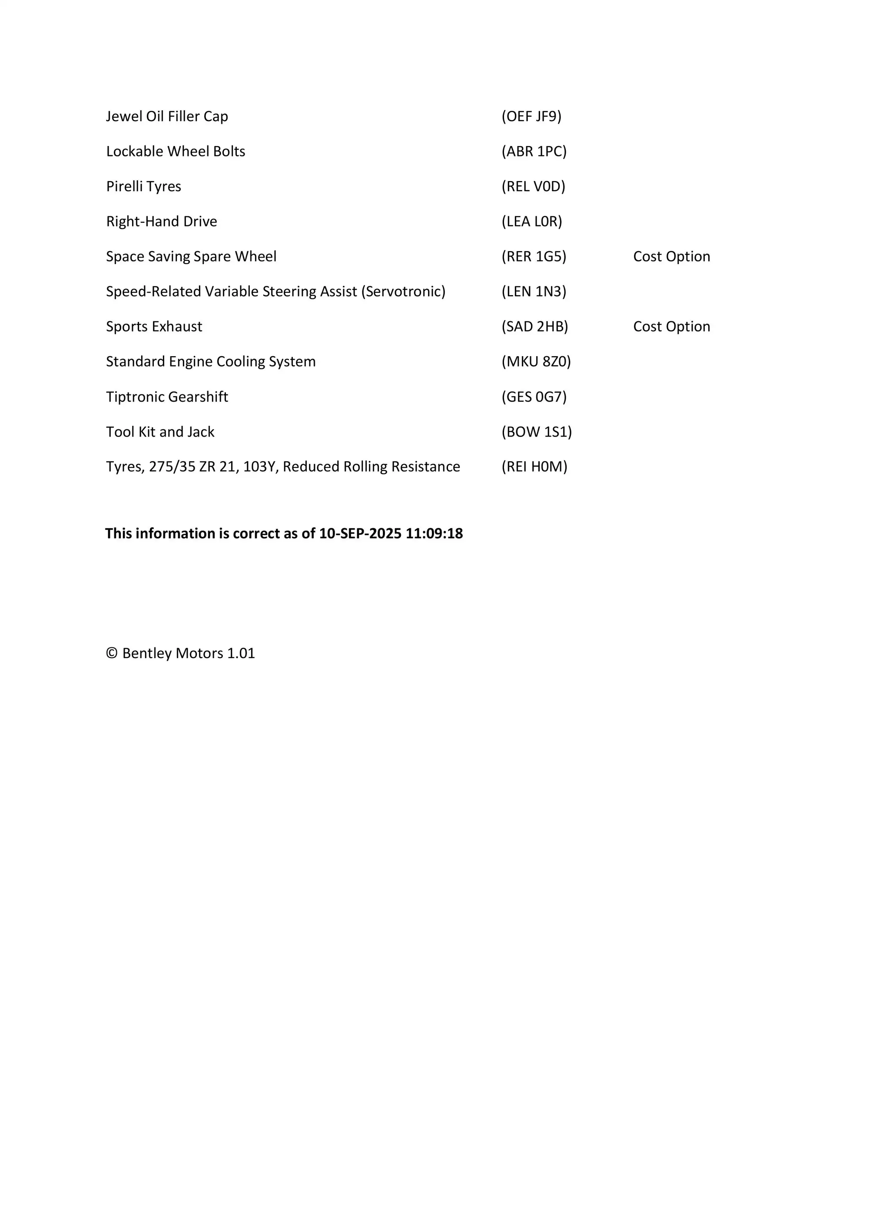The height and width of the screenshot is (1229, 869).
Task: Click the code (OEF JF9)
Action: [531, 116]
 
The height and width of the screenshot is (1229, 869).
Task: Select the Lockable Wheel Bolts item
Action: [176, 152]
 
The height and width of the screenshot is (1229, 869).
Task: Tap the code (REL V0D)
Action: [533, 186]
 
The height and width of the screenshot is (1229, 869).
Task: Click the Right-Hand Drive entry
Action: [162, 222]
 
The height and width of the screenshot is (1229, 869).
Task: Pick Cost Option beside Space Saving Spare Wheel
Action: [671, 256]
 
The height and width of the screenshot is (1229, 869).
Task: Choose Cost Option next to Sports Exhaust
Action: [671, 327]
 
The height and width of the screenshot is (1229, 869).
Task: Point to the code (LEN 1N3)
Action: [534, 291]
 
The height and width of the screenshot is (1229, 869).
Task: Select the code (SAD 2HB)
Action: [534, 327]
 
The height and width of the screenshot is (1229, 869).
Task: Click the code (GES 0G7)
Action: [534, 397]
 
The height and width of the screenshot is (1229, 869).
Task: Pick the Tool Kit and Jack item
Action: [160, 432]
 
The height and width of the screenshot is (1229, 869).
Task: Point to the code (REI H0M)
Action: [534, 467]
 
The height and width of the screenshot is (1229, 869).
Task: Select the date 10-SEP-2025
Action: [360, 533]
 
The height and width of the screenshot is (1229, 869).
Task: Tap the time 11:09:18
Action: [434, 533]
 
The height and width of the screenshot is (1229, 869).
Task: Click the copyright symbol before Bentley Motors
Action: [111, 653]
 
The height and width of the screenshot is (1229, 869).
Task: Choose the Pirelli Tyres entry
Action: [143, 186]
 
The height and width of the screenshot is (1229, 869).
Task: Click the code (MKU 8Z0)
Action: [536, 361]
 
